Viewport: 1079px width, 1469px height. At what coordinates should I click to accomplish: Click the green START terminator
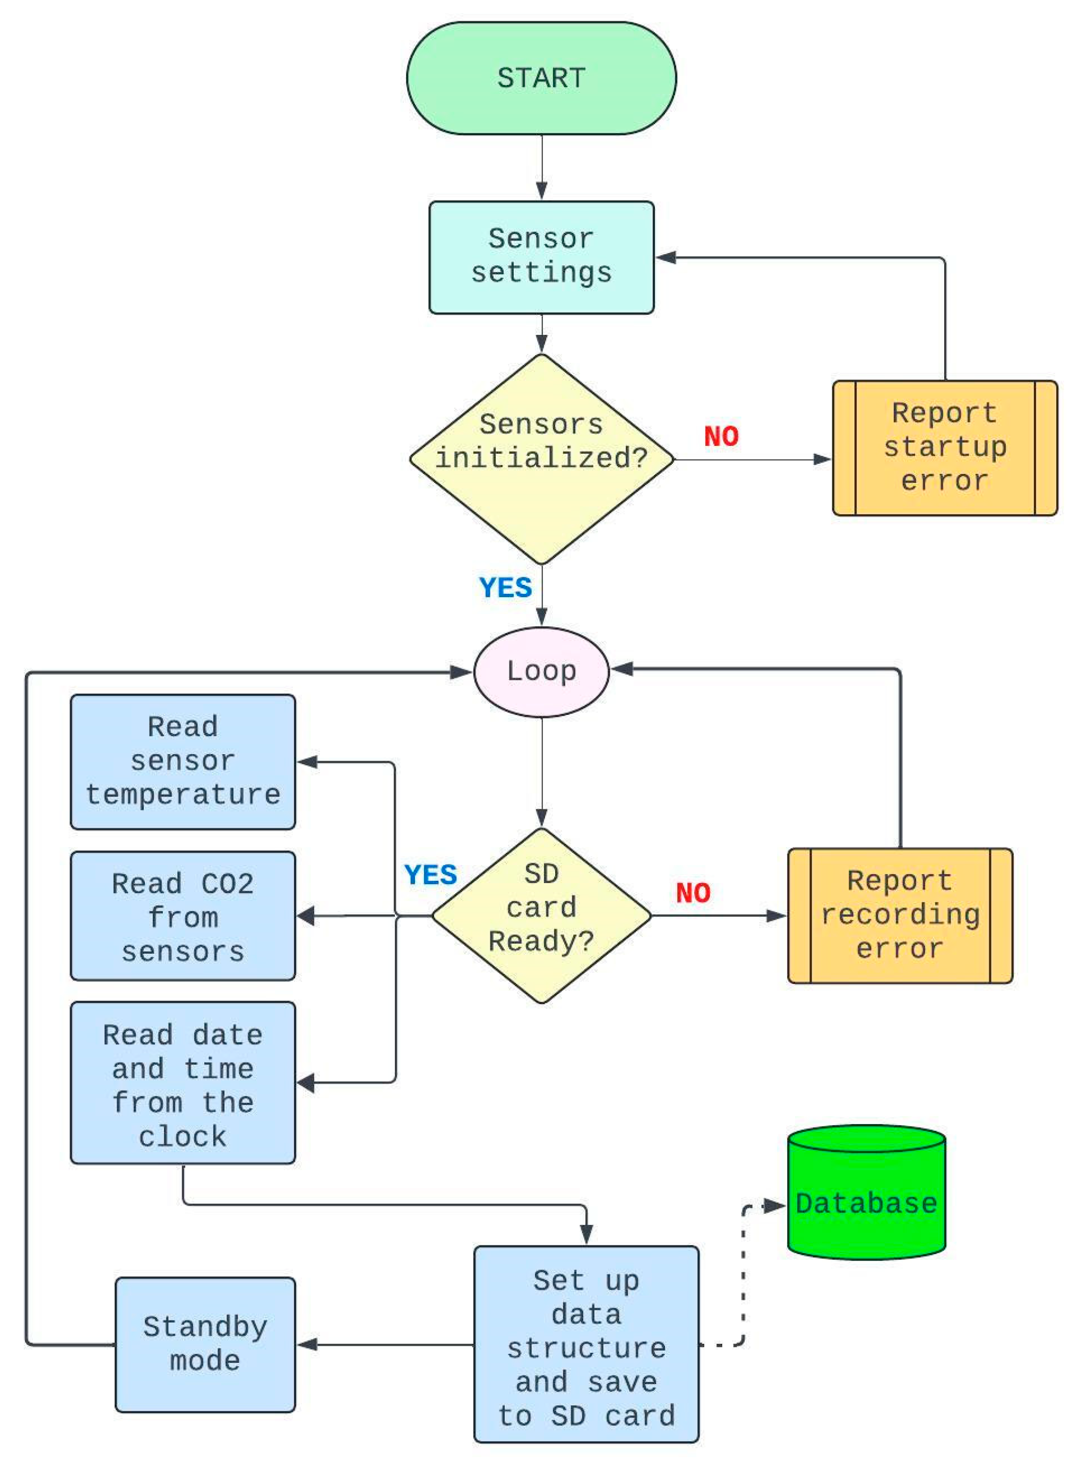[541, 79]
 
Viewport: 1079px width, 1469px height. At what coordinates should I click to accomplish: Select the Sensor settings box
[541, 257]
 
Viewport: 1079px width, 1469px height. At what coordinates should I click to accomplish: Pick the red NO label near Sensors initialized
[721, 436]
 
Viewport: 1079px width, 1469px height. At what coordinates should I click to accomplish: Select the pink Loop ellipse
[541, 671]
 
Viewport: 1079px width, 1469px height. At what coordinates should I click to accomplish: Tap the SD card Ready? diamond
[541, 915]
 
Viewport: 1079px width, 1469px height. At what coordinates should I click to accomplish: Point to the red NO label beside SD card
[693, 893]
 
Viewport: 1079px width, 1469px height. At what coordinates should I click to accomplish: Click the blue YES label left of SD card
[430, 875]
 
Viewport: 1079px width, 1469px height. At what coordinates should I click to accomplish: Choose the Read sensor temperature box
[183, 762]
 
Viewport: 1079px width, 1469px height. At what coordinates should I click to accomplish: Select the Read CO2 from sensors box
[183, 916]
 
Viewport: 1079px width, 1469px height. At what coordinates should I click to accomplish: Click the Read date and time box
[183, 1085]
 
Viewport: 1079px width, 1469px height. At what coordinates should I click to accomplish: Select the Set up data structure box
[586, 1350]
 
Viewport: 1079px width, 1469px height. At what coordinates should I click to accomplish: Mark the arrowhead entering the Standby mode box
[307, 1344]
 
